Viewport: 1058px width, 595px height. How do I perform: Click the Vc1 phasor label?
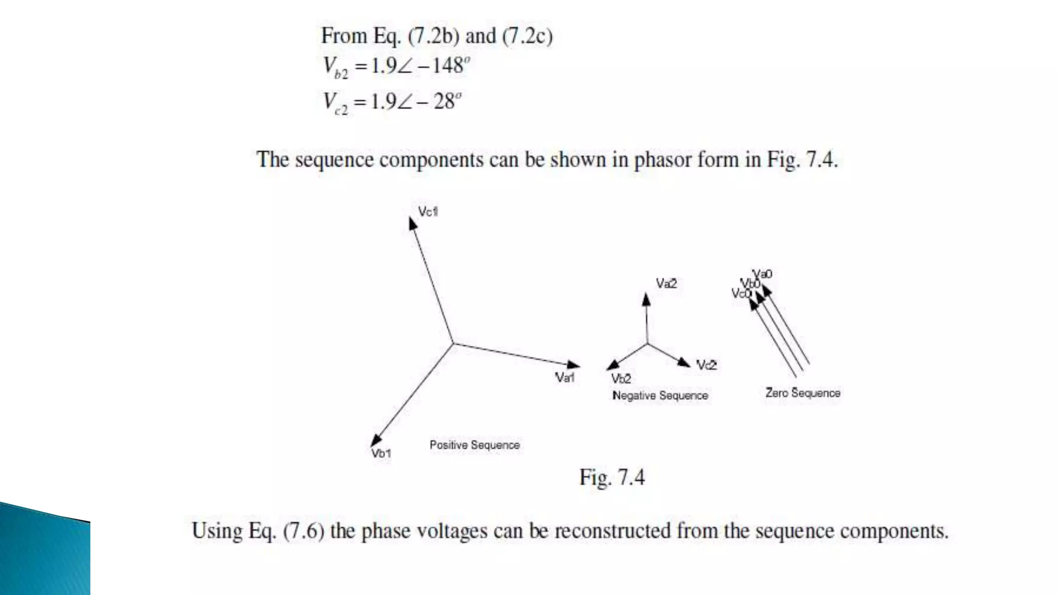point(428,212)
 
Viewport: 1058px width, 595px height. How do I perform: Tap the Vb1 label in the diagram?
point(381,453)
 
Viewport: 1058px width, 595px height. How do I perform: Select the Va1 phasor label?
point(565,378)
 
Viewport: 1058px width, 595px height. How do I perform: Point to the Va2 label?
point(666,284)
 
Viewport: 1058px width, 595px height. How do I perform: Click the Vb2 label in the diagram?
point(621,379)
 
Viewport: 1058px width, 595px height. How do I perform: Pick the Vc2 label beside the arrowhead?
point(706,365)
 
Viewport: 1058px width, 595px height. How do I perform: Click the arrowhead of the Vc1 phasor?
point(412,223)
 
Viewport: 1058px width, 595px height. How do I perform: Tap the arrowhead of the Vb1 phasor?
point(376,440)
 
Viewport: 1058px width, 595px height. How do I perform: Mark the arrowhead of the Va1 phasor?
point(573,365)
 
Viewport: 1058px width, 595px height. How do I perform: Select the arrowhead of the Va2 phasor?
point(646,299)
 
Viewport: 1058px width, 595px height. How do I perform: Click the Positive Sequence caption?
point(474,445)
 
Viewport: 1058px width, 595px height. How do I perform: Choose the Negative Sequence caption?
point(660,396)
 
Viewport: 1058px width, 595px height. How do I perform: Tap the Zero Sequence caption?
point(802,393)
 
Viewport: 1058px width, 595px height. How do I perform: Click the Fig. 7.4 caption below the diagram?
point(612,477)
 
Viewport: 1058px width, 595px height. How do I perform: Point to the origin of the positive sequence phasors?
point(453,343)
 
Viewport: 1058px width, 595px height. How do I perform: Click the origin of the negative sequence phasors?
point(647,343)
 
